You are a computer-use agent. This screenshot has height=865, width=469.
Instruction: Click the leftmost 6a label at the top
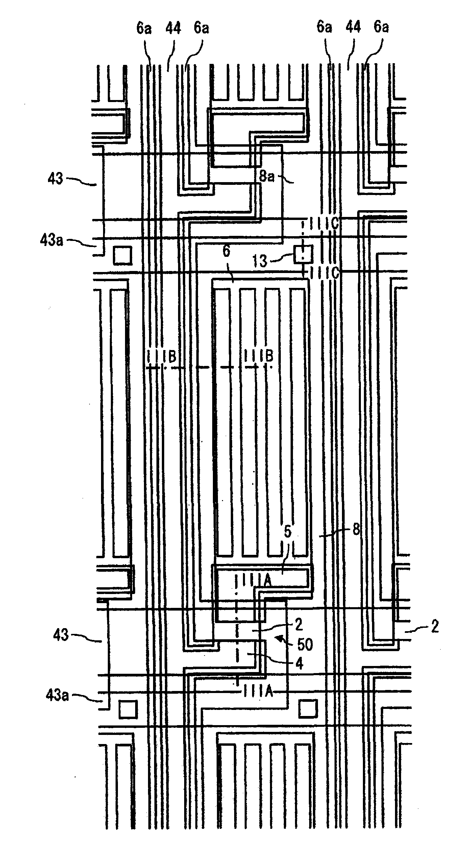(144, 28)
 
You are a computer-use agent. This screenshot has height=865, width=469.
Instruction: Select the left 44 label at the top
(173, 28)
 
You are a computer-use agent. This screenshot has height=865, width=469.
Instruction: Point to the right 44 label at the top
(353, 27)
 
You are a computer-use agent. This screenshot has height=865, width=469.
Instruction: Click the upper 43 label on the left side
(55, 178)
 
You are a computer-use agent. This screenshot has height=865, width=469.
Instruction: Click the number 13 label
(260, 261)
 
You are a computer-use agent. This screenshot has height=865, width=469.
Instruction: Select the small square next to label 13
(303, 254)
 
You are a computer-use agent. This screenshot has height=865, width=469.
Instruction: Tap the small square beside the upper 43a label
(122, 255)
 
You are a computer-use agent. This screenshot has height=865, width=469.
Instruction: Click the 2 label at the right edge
(435, 627)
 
